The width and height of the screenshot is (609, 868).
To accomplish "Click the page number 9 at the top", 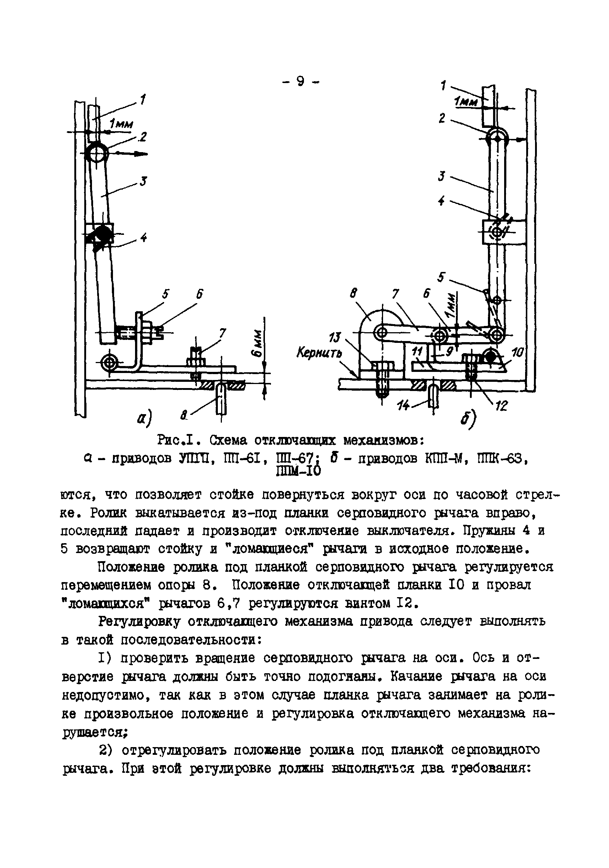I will point(301,81).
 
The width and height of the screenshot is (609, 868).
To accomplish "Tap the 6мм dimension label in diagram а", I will point(257,344).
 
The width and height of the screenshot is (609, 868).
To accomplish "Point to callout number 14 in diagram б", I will point(404,406).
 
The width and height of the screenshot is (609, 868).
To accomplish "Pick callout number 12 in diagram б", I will point(501,406).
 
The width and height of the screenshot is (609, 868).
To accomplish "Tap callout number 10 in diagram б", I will point(517,353).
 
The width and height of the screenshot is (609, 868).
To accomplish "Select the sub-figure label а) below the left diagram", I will point(144,419).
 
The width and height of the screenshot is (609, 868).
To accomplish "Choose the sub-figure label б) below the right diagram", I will point(468,419).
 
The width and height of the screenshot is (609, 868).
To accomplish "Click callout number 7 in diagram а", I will point(222,333).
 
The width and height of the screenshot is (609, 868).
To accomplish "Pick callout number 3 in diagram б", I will point(441,176).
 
